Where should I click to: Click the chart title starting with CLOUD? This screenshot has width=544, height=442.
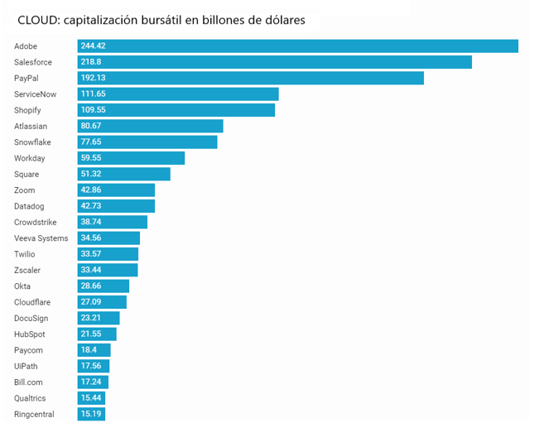click(x=161, y=21)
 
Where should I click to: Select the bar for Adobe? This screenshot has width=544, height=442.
click(x=298, y=46)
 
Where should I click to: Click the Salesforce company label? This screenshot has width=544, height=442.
click(x=33, y=62)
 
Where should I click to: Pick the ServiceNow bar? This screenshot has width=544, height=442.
click(x=178, y=94)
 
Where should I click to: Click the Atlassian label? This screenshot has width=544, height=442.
click(x=31, y=126)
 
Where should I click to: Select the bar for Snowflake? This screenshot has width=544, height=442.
click(x=147, y=142)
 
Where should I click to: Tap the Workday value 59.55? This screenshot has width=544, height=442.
click(x=91, y=158)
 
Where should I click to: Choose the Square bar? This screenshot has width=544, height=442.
click(x=124, y=174)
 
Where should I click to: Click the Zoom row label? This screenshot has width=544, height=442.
click(x=25, y=190)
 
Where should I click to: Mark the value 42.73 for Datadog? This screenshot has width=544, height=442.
click(x=91, y=206)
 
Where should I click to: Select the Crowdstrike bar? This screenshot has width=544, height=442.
click(x=113, y=222)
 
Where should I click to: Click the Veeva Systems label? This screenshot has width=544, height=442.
click(x=41, y=238)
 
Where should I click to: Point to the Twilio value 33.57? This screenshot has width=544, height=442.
click(x=91, y=254)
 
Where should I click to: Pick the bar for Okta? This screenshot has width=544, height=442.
click(x=104, y=286)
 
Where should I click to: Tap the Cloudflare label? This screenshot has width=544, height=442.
click(x=33, y=302)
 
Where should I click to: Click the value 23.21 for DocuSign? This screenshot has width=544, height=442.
click(x=91, y=318)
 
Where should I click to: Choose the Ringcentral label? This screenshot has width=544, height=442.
click(x=34, y=414)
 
